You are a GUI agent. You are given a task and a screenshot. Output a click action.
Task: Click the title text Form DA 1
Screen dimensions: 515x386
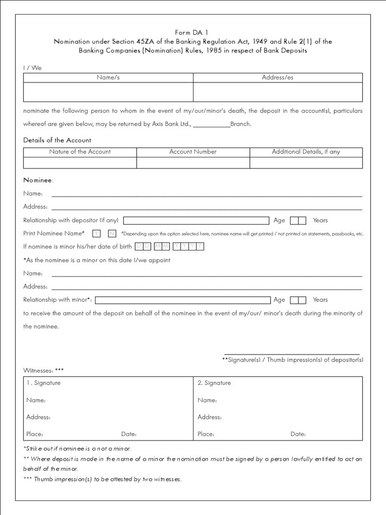[193, 32]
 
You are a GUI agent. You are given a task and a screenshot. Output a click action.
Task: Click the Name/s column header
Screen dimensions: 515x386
[108, 77]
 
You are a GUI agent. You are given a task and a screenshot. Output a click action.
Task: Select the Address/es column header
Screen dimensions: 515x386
[277, 77]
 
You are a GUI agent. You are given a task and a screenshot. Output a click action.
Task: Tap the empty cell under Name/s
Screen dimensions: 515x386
[108, 92]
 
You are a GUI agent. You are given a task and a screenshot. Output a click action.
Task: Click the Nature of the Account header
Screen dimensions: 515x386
[80, 151]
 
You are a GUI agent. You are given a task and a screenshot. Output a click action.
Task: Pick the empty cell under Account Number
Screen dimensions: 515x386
[193, 163]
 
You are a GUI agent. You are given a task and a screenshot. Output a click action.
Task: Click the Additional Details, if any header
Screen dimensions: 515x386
[306, 151]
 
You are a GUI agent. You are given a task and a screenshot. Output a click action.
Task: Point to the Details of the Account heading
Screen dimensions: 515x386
[57, 140]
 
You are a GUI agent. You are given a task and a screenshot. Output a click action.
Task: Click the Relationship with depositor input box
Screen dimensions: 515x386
[196, 220]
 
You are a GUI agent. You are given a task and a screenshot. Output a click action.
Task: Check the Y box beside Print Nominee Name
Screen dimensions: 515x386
[96, 233]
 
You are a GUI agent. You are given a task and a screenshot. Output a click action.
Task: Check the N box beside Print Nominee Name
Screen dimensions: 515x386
[112, 233]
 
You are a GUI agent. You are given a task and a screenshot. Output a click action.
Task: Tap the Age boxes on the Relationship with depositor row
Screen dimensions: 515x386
[298, 220]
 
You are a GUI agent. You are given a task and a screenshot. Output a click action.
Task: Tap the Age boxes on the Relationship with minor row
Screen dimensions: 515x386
[298, 300]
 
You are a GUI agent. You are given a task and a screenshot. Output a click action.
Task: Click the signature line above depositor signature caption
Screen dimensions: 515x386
[292, 354]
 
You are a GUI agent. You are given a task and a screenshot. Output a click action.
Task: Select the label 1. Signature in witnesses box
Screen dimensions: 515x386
[44, 383]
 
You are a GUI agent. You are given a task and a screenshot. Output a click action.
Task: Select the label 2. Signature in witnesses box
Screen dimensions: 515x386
[214, 383]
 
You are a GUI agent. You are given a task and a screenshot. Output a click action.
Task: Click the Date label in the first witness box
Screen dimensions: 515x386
[129, 434]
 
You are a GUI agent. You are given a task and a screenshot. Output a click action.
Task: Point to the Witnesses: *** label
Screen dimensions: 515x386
[44, 370]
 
